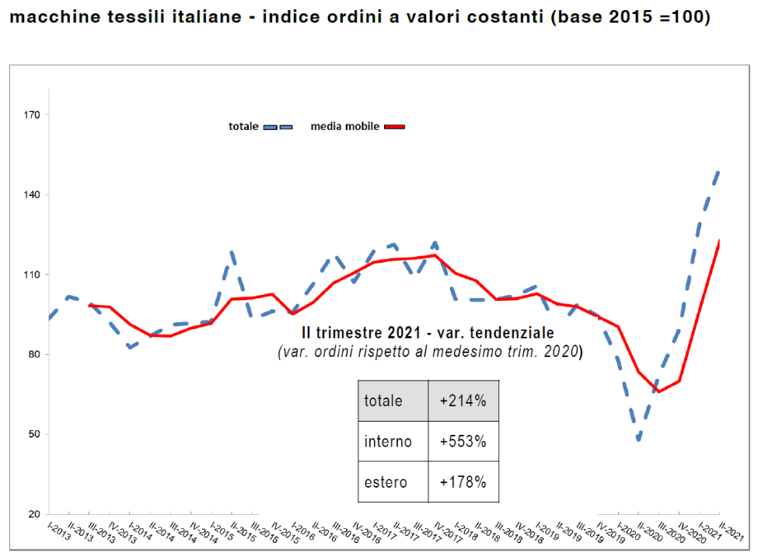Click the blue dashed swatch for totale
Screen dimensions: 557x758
(278, 127)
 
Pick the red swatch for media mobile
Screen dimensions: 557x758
(395, 127)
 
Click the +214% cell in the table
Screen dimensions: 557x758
(463, 401)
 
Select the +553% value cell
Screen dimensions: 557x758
(463, 442)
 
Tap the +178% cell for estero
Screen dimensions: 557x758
(463, 482)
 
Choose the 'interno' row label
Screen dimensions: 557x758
(387, 442)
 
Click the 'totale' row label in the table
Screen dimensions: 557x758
(383, 401)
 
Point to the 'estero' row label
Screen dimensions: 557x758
(386, 482)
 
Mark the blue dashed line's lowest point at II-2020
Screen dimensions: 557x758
(639, 440)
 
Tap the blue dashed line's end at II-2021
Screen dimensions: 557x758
(719, 170)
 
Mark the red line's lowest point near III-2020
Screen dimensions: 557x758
(658, 391)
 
